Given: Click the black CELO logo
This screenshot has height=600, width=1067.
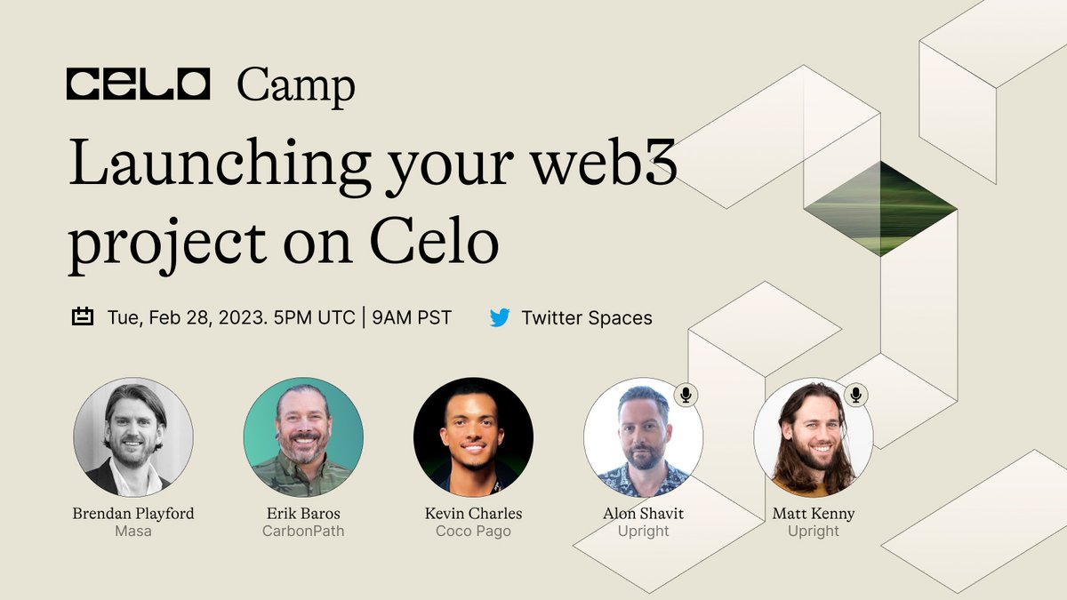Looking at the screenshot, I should (x=138, y=84).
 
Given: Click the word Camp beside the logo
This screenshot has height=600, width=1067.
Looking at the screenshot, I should (x=295, y=86).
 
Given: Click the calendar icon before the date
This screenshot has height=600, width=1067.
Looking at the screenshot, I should (x=83, y=317).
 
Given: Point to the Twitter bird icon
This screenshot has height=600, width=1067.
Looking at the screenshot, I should (x=500, y=317).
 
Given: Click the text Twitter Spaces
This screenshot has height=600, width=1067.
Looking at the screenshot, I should (x=587, y=317).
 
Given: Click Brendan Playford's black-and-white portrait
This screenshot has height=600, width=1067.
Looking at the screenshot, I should (x=133, y=437).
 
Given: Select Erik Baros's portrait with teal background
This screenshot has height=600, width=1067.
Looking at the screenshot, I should (x=303, y=437).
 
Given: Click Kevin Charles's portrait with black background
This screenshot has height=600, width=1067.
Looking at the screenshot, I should (x=473, y=437).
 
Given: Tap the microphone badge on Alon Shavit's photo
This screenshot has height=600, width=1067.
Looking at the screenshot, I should (x=685, y=395).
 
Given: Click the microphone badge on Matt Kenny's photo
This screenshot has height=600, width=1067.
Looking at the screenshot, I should (x=855, y=395).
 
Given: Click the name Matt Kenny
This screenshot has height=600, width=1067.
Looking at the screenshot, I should (x=814, y=514).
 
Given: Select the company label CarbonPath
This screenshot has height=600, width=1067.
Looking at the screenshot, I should (x=303, y=532).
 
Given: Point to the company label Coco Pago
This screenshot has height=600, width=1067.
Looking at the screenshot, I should (x=473, y=532).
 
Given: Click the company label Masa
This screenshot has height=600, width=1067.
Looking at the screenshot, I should (x=133, y=532).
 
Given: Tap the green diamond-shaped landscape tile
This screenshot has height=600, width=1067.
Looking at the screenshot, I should (x=880, y=209).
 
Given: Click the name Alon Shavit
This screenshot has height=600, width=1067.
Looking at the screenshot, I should (x=643, y=514).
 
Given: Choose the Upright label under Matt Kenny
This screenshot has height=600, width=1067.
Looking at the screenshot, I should (x=814, y=532).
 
